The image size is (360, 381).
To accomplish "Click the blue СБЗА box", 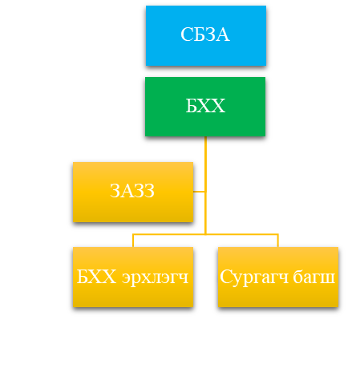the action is [206, 35].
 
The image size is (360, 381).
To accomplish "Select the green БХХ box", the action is [205, 107].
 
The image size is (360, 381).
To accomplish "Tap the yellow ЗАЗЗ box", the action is [133, 192].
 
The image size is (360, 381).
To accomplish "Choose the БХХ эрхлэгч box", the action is [133, 277].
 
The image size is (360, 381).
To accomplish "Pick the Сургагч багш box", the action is [278, 277].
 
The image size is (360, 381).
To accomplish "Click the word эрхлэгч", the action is [156, 278].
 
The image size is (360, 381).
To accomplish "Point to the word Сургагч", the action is [254, 278].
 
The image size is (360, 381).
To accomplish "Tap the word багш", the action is [313, 277].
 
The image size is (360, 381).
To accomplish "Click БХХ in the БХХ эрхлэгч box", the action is [96, 277].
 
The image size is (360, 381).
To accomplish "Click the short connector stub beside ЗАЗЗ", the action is [199, 192].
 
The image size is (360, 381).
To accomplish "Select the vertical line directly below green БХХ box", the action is [205, 185].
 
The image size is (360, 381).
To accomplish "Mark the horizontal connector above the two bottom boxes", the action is [205, 234].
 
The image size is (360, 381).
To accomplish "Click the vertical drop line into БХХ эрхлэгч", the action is [133, 241].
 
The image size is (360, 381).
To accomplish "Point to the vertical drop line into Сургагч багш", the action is [278, 241].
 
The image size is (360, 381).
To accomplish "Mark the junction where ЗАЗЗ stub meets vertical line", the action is [205, 192].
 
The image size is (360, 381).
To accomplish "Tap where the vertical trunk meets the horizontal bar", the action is [205, 234].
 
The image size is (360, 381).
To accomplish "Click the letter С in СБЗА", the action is [187, 34].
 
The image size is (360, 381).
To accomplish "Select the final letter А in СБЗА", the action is [223, 34].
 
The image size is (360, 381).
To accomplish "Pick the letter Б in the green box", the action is [192, 106].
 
